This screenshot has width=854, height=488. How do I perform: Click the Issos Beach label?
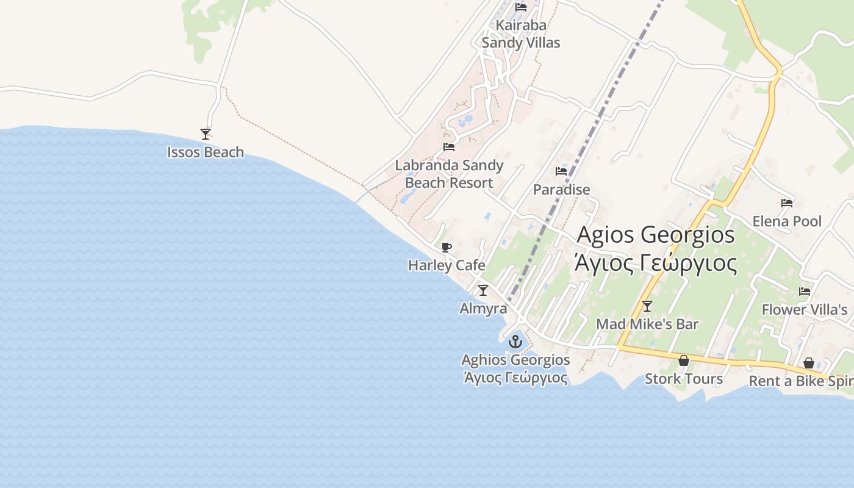[206, 152]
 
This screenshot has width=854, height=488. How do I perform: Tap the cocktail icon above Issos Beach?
[206, 134]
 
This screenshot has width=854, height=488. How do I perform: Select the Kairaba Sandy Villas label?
[521, 34]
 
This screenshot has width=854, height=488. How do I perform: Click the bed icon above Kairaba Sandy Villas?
[521, 7]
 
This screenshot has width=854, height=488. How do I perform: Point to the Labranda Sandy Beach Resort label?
[449, 174]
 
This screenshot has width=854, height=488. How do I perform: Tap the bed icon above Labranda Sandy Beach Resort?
[449, 147]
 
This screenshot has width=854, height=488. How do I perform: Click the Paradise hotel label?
[561, 190]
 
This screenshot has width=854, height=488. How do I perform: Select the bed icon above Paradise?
[561, 171]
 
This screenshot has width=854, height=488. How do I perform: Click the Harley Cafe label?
[447, 265]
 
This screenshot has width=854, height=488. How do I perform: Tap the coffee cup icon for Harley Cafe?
[447, 247]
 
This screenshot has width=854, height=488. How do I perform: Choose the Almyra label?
[483, 309]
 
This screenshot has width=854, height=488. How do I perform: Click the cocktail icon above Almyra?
[483, 290]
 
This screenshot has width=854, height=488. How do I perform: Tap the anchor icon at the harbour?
[515, 342]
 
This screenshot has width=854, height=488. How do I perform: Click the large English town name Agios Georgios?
[656, 234]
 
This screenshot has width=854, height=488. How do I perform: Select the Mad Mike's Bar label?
[647, 325]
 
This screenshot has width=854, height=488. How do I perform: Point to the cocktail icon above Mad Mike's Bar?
[647, 306]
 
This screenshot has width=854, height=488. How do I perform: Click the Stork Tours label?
[684, 379]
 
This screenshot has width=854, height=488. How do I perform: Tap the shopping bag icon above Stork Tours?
[684, 361]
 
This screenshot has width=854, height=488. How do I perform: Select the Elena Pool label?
[787, 221]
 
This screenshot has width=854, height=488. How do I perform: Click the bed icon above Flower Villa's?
[805, 292]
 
